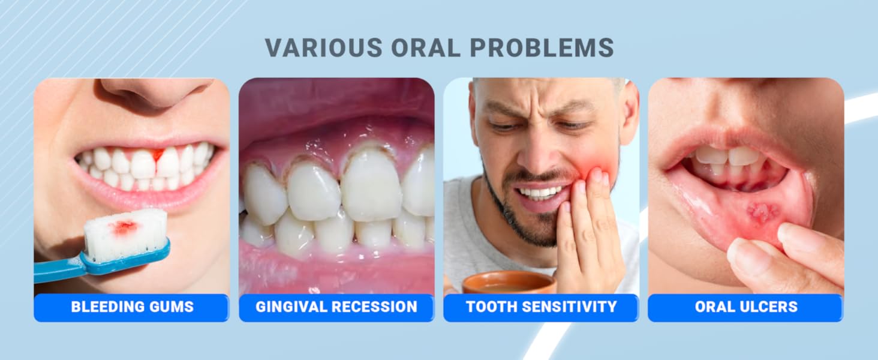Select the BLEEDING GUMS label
click(x=132, y=307)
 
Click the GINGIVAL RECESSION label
click(x=336, y=307)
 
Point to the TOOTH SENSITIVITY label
click(x=541, y=307)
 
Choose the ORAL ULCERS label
click(x=746, y=307)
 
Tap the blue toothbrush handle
click(x=66, y=267)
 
